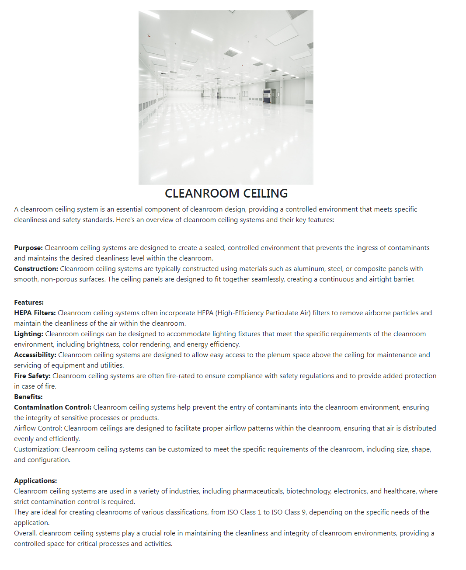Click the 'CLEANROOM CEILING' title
coord(226,193)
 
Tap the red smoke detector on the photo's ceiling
coord(150,35)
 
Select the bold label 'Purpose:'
coord(28,248)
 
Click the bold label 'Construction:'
coord(36,269)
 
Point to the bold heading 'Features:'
coord(29,302)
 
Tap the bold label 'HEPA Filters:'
coord(35,313)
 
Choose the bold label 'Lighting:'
coord(28,334)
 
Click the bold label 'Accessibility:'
coord(35,355)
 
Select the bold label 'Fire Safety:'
coord(32,376)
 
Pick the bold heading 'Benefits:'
coord(28,397)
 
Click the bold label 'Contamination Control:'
coord(52,407)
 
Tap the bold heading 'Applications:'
coord(35,481)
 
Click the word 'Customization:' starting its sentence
coord(37,449)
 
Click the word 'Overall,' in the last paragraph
coord(25,533)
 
